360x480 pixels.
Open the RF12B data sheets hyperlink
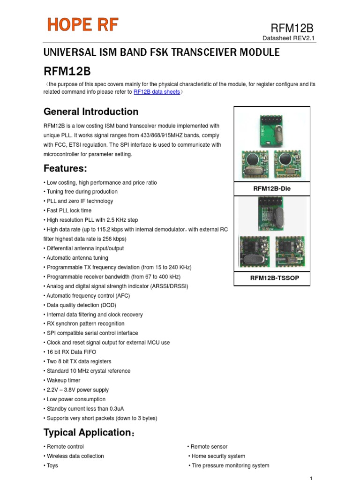tap(157, 92)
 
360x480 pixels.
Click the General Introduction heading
tap(91, 112)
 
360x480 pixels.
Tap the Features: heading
tap(66, 168)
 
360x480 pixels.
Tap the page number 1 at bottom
tap(311, 477)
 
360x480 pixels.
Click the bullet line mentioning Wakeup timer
tap(63, 380)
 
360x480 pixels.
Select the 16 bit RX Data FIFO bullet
tap(73, 352)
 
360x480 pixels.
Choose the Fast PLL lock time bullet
tap(69, 210)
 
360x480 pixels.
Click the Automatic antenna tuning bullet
tap(77, 258)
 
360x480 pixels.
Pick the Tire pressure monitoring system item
tap(230, 465)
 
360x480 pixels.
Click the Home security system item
tap(217, 456)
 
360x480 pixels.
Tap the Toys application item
tap(52, 465)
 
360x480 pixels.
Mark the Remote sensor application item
tap(209, 447)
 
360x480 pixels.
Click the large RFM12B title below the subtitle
tap(67, 71)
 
